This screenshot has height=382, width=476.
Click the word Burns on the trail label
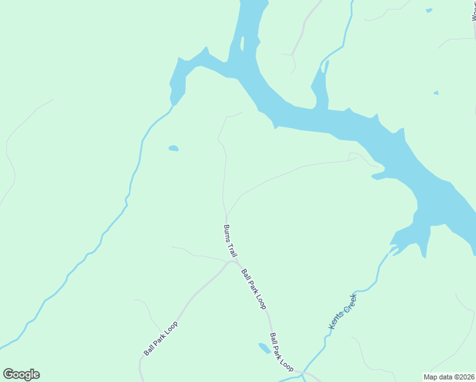[227, 233]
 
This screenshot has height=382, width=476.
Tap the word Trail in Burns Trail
[233, 250]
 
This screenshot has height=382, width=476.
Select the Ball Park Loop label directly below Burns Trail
[253, 289]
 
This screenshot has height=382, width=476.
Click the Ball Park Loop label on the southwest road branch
[160, 339]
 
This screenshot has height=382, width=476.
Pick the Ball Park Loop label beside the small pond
[281, 352]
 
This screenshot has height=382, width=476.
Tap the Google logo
[21, 374]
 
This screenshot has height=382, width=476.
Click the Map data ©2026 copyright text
[449, 377]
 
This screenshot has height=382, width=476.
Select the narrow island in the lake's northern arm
[242, 43]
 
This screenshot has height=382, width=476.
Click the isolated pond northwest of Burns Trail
[173, 148]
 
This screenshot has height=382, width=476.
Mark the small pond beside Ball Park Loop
[263, 348]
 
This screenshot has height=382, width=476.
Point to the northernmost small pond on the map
[429, 10]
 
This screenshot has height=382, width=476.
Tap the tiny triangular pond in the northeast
[436, 93]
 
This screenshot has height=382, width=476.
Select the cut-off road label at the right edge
[473, 11]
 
